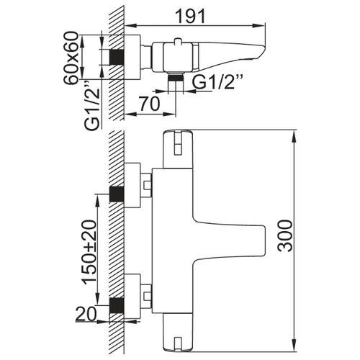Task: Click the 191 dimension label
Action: (191, 16)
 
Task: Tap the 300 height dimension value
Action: (286, 236)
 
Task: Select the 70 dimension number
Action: (150, 104)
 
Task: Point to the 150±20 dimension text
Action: (90, 252)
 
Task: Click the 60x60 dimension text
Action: (71, 58)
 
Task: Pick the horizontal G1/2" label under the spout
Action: (218, 82)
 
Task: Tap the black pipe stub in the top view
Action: (117, 58)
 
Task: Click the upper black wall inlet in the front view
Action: (117, 194)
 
